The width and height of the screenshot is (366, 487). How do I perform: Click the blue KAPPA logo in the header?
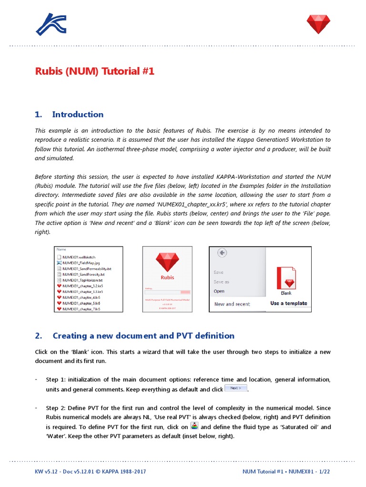pos(51,25)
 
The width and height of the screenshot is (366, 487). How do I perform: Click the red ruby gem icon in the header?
pos(318,24)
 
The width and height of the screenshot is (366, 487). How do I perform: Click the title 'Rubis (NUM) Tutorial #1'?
pos(94,71)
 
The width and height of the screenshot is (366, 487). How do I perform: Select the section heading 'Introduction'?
pos(77,114)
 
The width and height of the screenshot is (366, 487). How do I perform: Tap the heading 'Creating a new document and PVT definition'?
pos(143,336)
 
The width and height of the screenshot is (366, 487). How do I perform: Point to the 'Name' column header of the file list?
pos(61,249)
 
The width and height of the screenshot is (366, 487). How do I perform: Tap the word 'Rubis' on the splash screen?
pos(167,277)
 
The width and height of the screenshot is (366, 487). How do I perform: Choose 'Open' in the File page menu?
pos(219,291)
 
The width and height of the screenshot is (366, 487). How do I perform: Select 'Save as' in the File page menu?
pos(222,282)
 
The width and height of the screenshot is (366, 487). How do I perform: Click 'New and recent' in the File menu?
pos(232,304)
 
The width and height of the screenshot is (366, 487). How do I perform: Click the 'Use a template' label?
pos(289,303)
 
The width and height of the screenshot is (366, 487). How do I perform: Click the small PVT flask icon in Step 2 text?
pos(194,426)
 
